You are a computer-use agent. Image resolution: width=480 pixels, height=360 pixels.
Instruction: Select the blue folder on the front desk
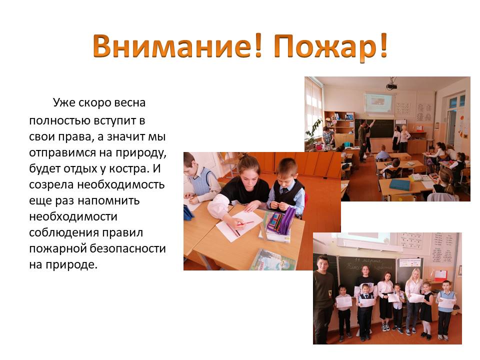(399, 184)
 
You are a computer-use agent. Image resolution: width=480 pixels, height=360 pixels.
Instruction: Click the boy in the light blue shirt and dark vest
(288, 187)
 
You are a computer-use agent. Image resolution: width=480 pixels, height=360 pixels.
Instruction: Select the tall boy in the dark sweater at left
(324, 290)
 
